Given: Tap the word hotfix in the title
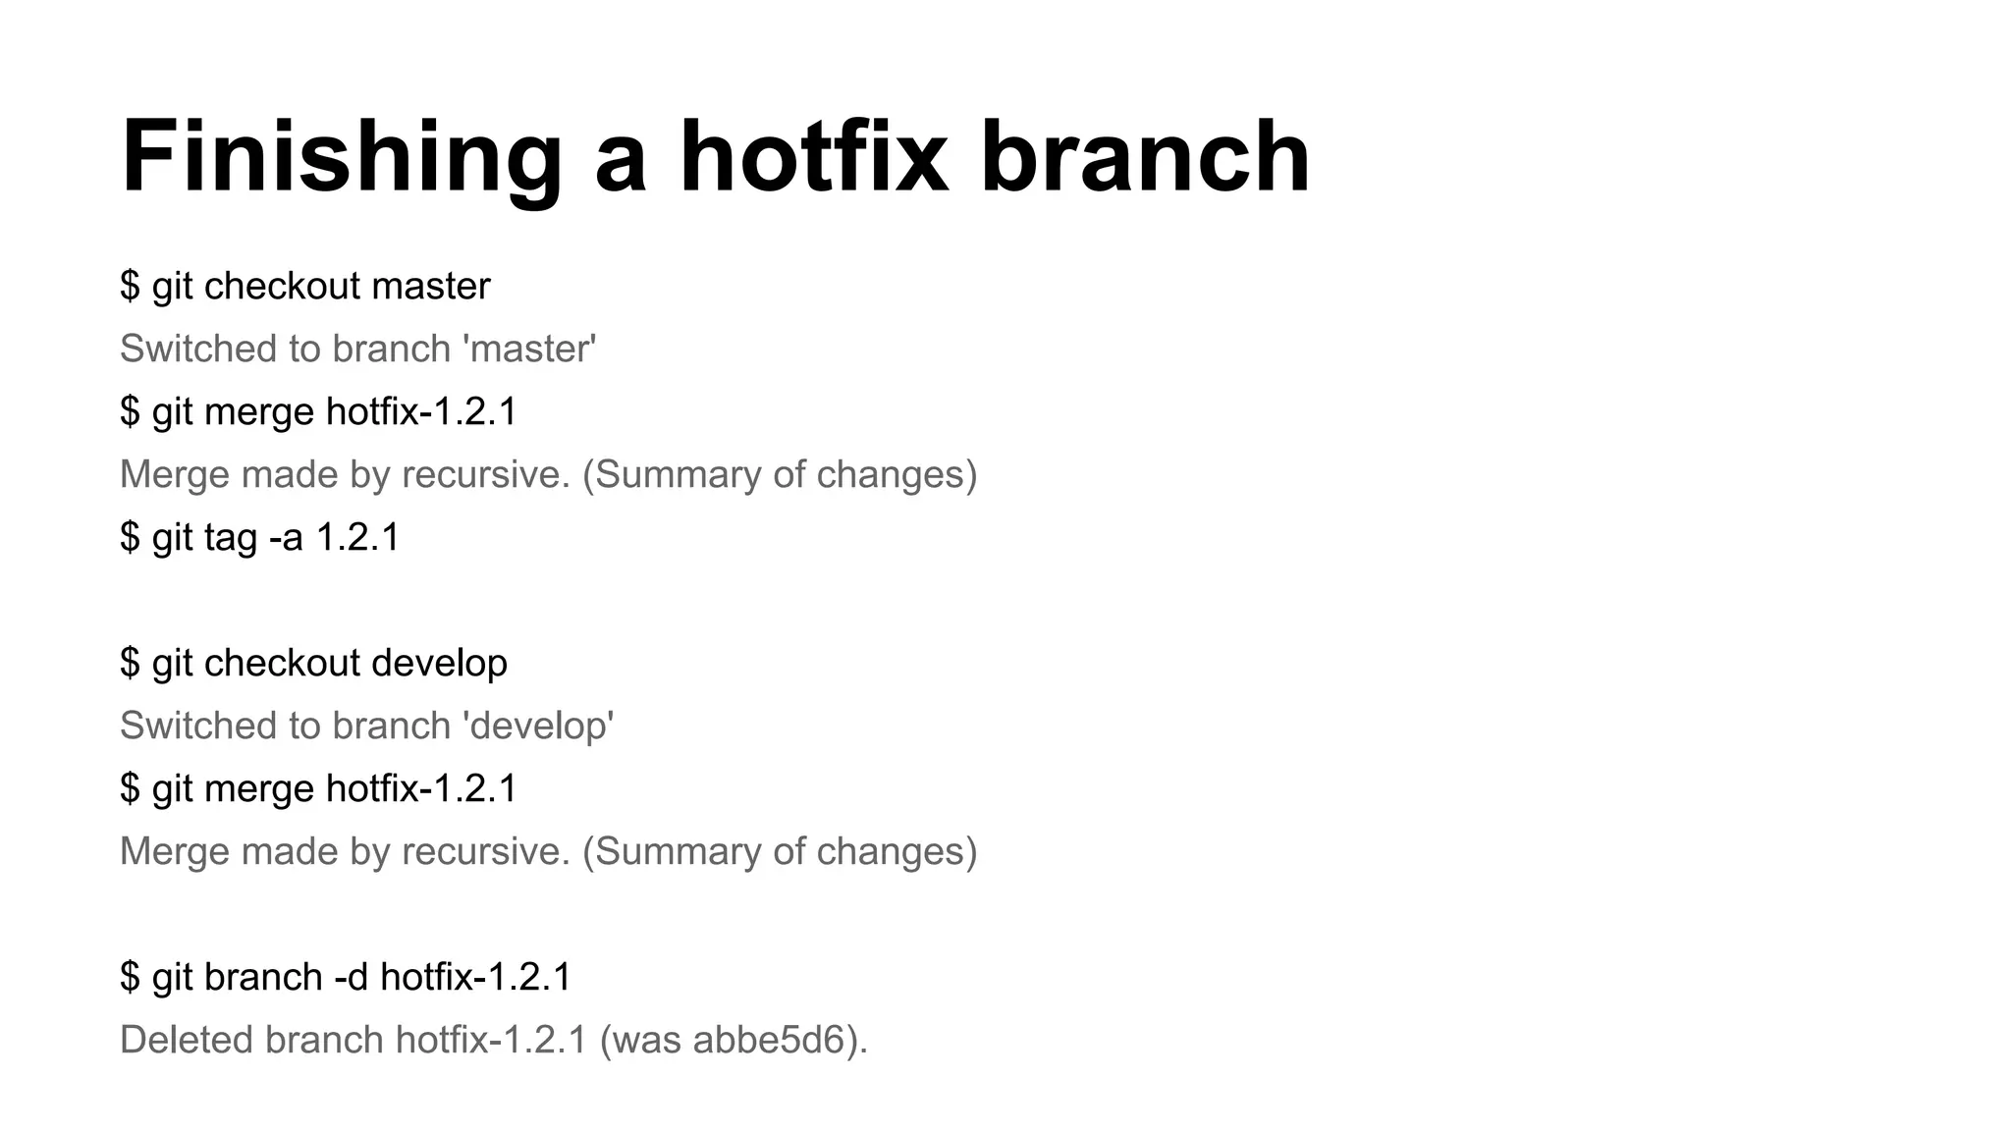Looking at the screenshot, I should coord(814,157).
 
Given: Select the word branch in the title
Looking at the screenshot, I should coord(1145,157).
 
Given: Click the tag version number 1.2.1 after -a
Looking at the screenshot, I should coord(357,538).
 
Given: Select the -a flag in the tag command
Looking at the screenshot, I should coord(286,538).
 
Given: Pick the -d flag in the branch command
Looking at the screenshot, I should coord(351,978).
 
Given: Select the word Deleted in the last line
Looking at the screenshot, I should coord(186,1041).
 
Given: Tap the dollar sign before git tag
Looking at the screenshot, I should coord(130,538).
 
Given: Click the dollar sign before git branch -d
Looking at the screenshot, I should coord(130,978).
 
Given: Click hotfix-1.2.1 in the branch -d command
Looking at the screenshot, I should coord(475,978).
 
